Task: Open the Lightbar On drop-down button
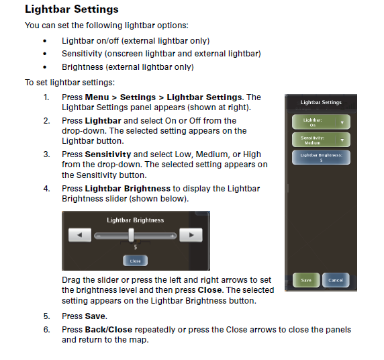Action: pyautogui.click(x=321, y=122)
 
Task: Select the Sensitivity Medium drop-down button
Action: pyautogui.click(x=321, y=140)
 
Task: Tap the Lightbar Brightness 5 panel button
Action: pyautogui.click(x=321, y=157)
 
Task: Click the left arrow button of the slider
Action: pyautogui.click(x=81, y=235)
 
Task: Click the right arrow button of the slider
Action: pyautogui.click(x=191, y=235)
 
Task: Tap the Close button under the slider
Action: pyautogui.click(x=135, y=261)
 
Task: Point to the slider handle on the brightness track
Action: pyautogui.click(x=132, y=234)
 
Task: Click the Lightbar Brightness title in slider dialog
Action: pyautogui.click(x=135, y=220)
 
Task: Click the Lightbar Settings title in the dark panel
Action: pyautogui.click(x=321, y=103)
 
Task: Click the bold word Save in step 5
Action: pyautogui.click(x=95, y=316)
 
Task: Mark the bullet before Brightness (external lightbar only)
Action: pyautogui.click(x=45, y=67)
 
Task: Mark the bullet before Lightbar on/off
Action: pyautogui.click(x=45, y=41)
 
